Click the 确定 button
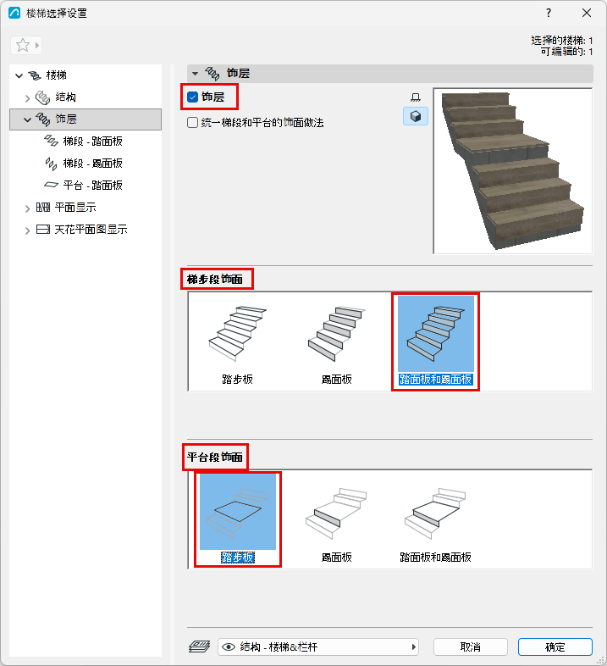pyautogui.click(x=555, y=647)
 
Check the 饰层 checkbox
pyautogui.click(x=193, y=97)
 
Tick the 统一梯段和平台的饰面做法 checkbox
pyautogui.click(x=193, y=123)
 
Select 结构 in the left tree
pyautogui.click(x=66, y=97)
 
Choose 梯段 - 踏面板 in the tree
pyautogui.click(x=92, y=141)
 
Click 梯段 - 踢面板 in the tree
pyautogui.click(x=92, y=163)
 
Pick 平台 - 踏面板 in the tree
pyautogui.click(x=92, y=186)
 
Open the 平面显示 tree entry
pyautogui.click(x=75, y=208)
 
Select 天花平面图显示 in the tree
pyautogui.click(x=91, y=230)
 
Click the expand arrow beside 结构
pyautogui.click(x=28, y=98)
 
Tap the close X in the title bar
pyautogui.click(x=587, y=14)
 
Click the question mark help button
pyautogui.click(x=549, y=14)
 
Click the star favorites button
pyautogui.click(x=23, y=45)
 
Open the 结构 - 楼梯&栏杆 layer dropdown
pyautogui.click(x=318, y=647)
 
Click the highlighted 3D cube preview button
pyautogui.click(x=416, y=116)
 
